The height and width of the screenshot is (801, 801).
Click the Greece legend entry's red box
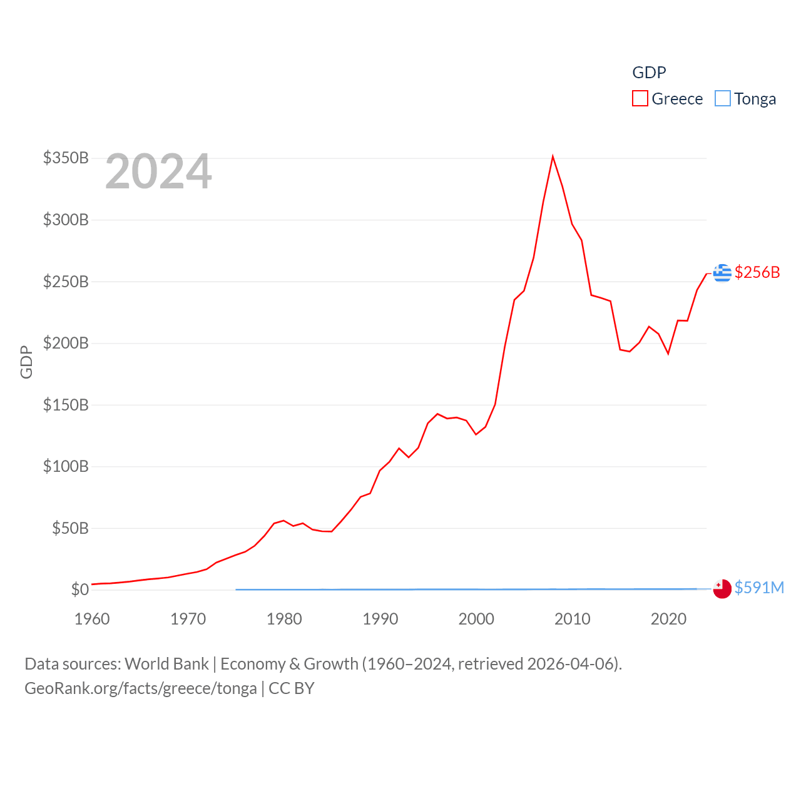click(x=640, y=99)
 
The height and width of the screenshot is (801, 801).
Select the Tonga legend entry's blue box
click(x=723, y=99)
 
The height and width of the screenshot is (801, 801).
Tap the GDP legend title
click(x=649, y=73)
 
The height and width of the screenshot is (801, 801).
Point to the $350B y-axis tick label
click(x=66, y=158)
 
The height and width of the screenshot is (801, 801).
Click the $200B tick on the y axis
click(x=66, y=343)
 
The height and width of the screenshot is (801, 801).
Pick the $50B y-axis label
click(x=70, y=528)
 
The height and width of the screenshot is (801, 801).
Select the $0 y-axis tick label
click(x=79, y=589)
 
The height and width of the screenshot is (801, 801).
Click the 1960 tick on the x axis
click(x=92, y=619)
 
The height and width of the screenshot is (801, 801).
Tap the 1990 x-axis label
click(x=380, y=619)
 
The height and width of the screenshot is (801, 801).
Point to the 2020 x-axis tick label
click(x=668, y=619)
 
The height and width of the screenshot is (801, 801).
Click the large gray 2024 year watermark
click(x=158, y=171)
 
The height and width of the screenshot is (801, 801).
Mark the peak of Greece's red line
click(x=553, y=156)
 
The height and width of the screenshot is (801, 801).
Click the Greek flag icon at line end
click(x=722, y=273)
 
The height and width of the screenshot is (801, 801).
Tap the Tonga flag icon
click(x=722, y=589)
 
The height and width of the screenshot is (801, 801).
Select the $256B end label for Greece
click(x=757, y=272)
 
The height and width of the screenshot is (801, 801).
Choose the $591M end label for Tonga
click(x=759, y=588)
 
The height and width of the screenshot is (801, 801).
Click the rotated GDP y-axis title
click(x=26, y=362)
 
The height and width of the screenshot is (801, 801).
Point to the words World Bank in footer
click(x=166, y=664)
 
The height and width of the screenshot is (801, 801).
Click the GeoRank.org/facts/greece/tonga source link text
click(x=140, y=688)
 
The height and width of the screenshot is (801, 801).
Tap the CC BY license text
click(x=291, y=688)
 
